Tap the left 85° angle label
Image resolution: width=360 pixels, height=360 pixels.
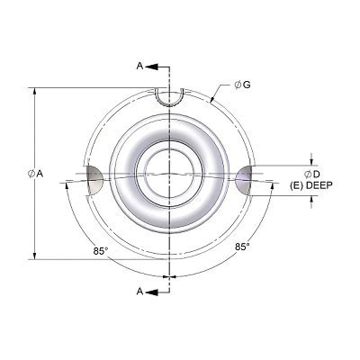(x=101, y=252)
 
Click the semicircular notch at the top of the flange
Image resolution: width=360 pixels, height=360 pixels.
(x=168, y=96)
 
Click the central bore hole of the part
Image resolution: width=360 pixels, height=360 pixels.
(x=168, y=173)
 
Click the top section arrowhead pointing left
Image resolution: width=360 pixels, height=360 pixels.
(x=150, y=67)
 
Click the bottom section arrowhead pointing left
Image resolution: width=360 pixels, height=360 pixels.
(x=150, y=291)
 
